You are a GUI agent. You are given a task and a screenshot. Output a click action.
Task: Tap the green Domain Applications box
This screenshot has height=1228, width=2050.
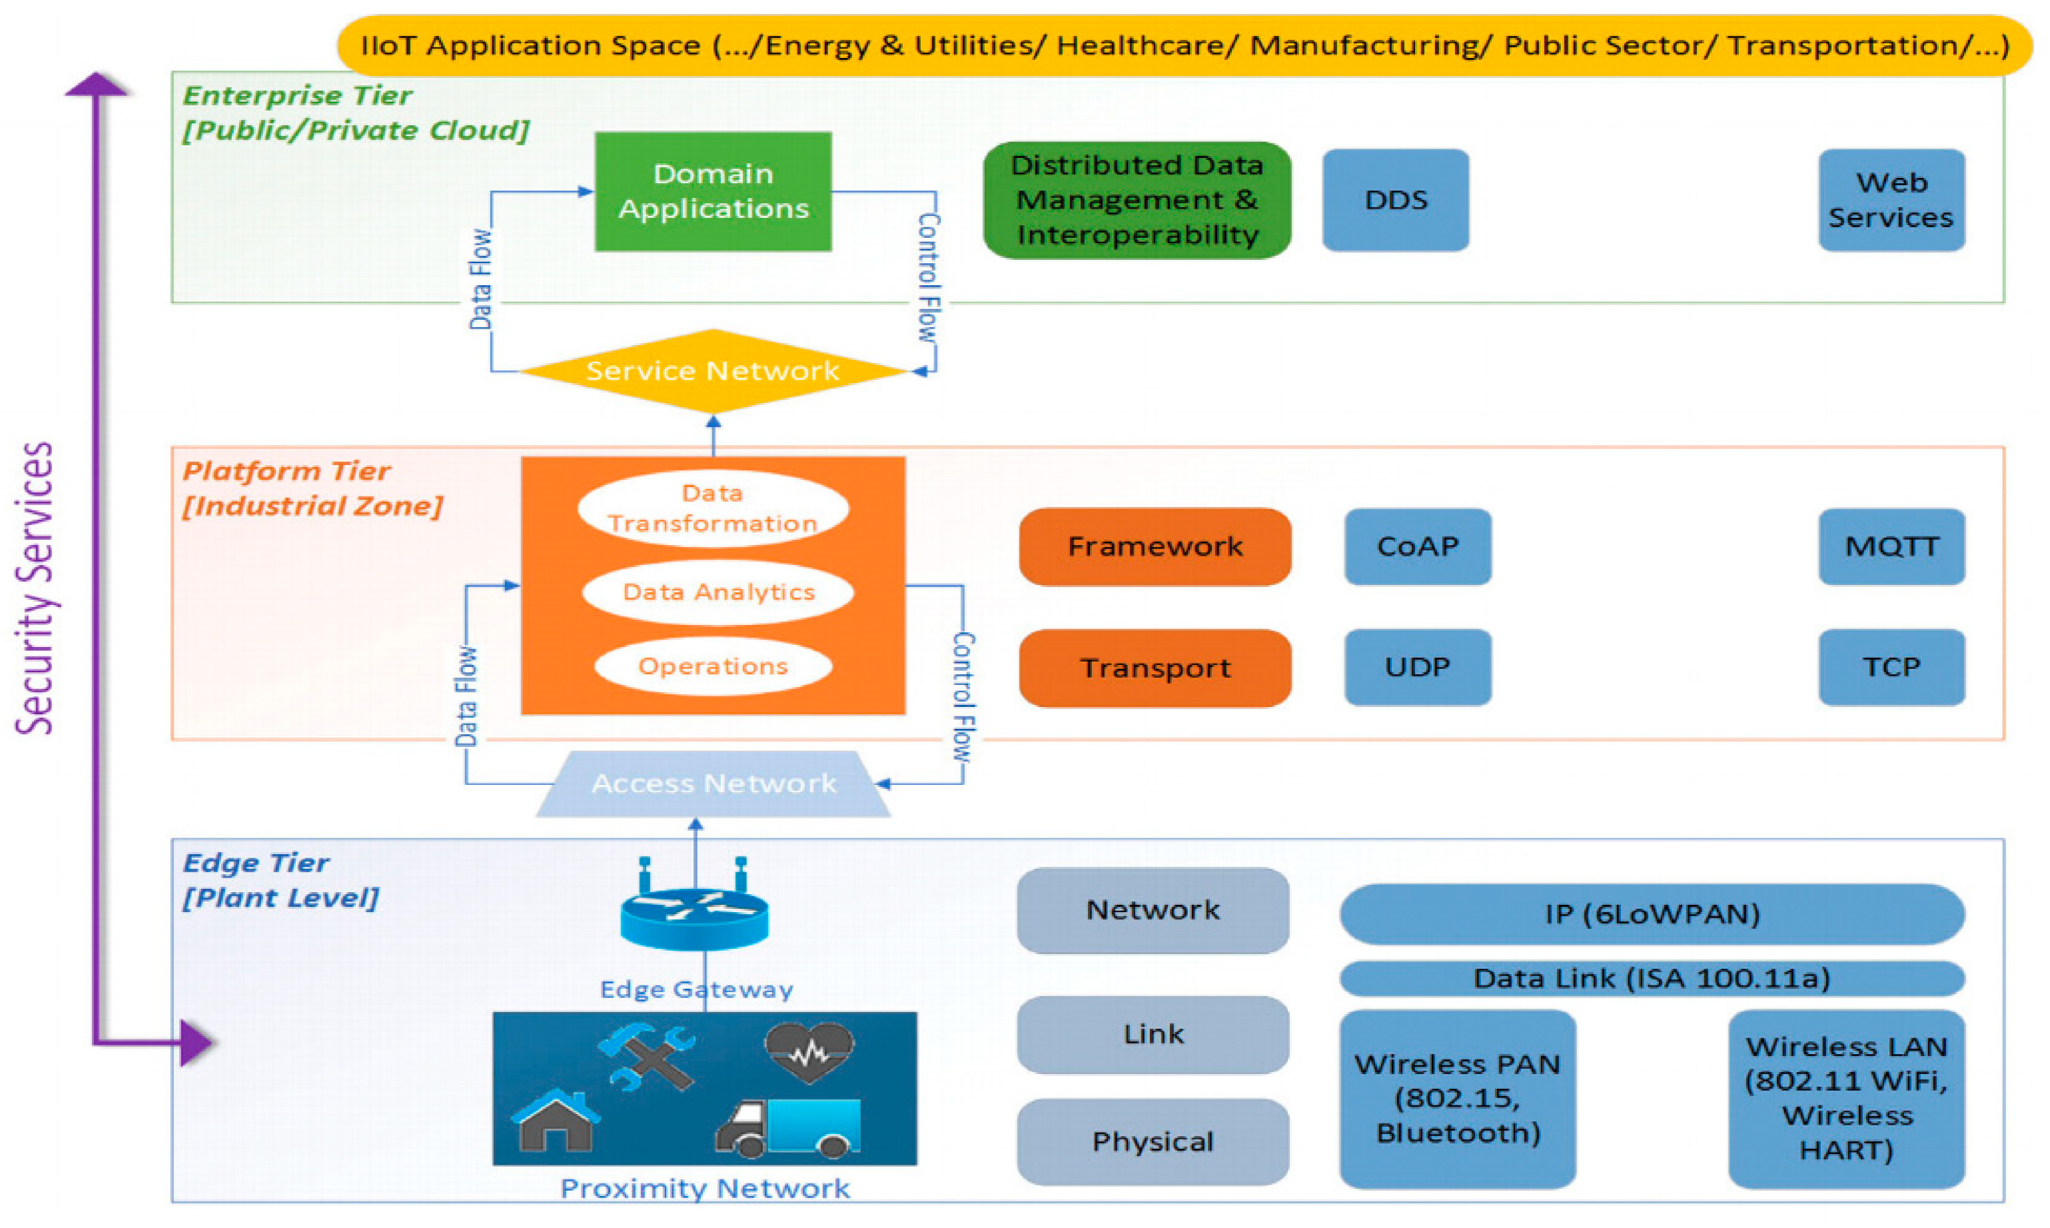point(712,191)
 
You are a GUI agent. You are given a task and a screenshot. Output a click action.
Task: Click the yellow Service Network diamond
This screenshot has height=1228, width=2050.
point(712,370)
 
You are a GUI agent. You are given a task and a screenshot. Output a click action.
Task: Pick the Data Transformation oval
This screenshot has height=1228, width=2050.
point(712,508)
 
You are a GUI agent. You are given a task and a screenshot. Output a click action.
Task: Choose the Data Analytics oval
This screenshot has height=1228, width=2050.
point(718,592)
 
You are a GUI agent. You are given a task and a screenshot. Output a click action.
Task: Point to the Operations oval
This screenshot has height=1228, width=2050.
point(712,666)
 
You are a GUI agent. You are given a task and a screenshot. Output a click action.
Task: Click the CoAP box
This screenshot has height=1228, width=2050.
point(1417,546)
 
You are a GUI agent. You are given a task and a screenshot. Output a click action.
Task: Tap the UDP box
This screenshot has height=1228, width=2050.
point(1417,667)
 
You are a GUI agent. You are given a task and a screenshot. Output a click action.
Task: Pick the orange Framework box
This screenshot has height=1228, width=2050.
point(1155,546)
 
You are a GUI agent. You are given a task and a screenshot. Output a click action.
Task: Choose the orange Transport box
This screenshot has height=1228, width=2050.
point(1155,668)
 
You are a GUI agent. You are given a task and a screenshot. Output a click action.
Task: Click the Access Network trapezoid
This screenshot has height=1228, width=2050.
point(712,784)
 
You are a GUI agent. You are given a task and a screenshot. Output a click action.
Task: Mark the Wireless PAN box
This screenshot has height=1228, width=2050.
point(1457,1098)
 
